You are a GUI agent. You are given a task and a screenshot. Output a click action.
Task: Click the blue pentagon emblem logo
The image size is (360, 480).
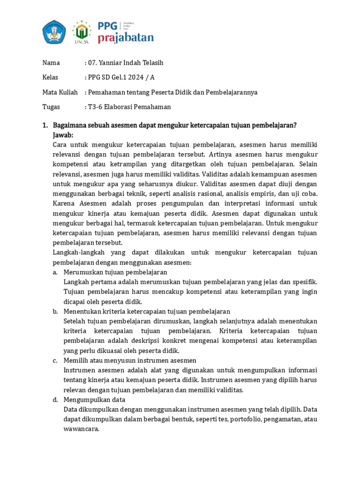tap(55, 32)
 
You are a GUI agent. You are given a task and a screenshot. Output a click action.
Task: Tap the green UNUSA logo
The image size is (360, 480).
tap(82, 31)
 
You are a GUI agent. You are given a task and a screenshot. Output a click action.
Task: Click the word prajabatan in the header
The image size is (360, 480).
tap(125, 38)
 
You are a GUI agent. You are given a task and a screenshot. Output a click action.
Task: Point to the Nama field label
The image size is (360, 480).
tap(51, 63)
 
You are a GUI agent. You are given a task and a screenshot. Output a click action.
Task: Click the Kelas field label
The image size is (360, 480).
tap(51, 77)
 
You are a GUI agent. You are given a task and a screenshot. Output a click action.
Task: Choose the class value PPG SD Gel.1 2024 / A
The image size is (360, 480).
tap(122, 77)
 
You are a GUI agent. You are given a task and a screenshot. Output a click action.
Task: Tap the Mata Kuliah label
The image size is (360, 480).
tap(60, 92)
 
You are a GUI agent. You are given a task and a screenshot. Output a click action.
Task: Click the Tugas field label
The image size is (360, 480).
tap(51, 107)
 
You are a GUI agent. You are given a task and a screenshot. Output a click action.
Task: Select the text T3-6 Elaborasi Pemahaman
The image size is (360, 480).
tap(129, 107)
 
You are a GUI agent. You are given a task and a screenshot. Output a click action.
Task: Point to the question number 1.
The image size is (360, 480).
tap(45, 125)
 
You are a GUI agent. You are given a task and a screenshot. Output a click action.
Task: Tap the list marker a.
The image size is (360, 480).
tap(55, 272)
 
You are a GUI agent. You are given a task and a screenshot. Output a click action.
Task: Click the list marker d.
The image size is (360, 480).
tap(55, 399)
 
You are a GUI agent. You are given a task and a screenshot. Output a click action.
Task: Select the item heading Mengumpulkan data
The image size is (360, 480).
tap(94, 399)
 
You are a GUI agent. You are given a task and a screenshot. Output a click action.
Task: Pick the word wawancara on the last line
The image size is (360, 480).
tap(81, 428)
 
